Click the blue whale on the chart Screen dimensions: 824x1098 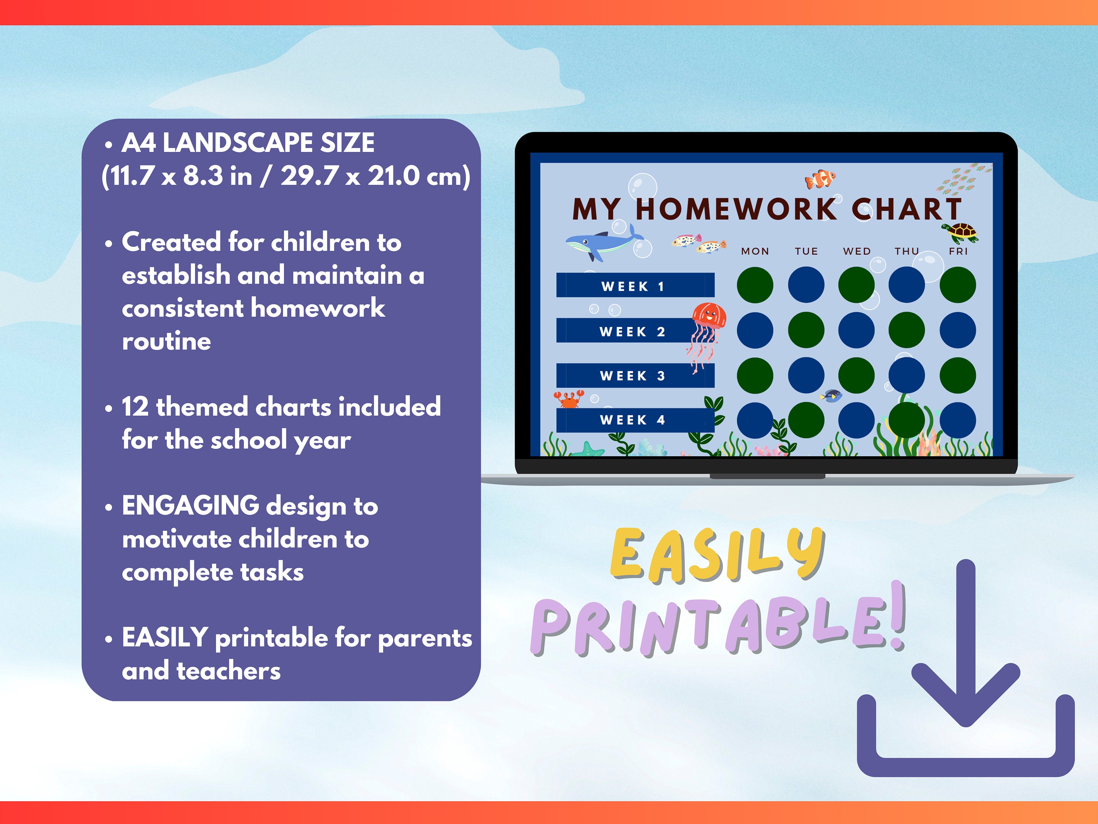[601, 244]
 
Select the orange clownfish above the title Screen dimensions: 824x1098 [820, 179]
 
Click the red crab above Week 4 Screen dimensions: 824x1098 [569, 398]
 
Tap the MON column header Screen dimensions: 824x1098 [755, 251]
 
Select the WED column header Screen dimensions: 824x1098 [857, 251]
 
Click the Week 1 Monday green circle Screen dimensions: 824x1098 [755, 285]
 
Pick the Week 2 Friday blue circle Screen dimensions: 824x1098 [957, 330]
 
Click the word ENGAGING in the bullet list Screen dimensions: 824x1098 [190, 506]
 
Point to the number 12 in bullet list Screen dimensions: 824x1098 [135, 407]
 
